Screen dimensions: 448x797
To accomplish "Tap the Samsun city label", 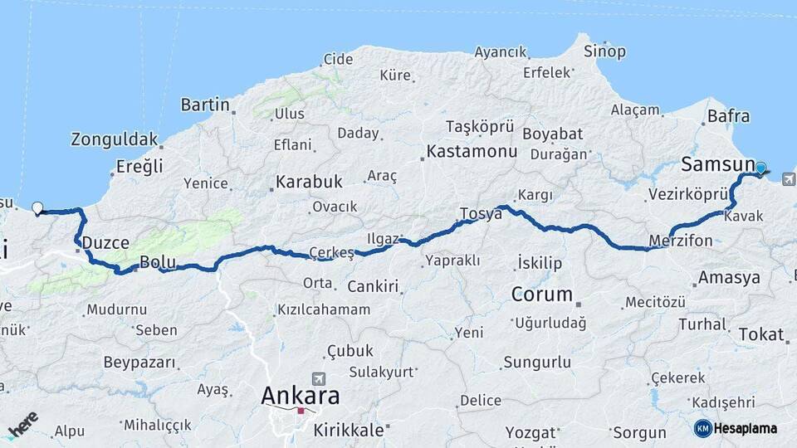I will (x=717, y=163).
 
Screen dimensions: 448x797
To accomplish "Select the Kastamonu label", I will (x=472, y=152).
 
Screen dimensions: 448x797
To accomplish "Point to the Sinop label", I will (x=605, y=51).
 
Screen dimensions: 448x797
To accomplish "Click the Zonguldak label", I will (x=114, y=139).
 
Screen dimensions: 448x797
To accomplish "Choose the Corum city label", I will (x=542, y=294).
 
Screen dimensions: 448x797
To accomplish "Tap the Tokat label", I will (x=760, y=334).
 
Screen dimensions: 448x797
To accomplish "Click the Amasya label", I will (x=729, y=277).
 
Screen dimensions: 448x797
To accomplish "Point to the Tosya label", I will (x=481, y=213).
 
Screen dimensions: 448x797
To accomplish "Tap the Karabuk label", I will (x=309, y=181).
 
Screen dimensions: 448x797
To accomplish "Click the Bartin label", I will (x=204, y=105).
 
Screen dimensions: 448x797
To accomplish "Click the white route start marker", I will (x=37, y=207).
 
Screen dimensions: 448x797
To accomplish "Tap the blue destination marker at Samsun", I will (x=760, y=168).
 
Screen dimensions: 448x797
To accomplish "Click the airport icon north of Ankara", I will (x=318, y=377).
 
